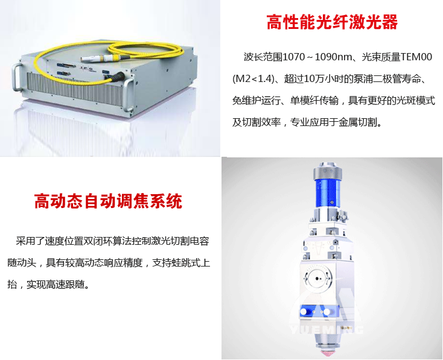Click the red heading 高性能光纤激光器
(x=332, y=22)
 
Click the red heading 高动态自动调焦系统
(x=108, y=201)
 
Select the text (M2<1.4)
(x=254, y=78)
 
